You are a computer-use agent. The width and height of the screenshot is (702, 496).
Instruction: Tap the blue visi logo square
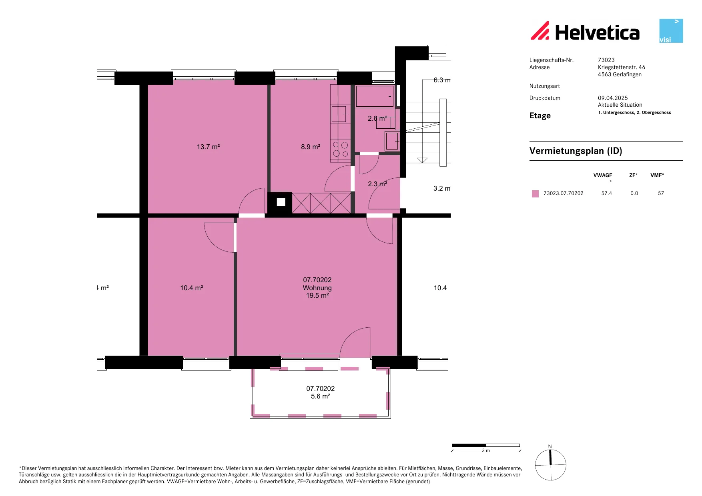tap(671, 31)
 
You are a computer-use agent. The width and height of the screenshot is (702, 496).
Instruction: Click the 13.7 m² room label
tap(208, 147)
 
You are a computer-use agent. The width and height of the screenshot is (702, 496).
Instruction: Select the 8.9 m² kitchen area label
tap(311, 147)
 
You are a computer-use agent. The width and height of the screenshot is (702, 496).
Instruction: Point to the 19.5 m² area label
tap(317, 295)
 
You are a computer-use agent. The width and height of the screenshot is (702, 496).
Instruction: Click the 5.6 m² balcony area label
tap(321, 396)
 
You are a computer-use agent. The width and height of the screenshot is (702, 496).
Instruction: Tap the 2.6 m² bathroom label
tap(377, 118)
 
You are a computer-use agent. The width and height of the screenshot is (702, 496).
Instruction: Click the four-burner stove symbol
tap(341, 149)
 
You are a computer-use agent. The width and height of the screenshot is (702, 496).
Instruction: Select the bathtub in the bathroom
tap(375, 96)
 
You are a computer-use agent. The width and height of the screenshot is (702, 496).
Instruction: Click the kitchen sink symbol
tap(339, 114)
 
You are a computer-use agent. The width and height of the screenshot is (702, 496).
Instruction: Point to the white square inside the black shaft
tap(281, 202)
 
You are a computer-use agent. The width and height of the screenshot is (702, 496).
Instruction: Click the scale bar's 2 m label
tap(486, 450)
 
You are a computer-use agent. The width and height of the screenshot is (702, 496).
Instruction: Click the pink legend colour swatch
tap(535, 193)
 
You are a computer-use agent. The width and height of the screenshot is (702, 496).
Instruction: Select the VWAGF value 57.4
tap(607, 193)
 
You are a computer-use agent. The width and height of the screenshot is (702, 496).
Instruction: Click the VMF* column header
tap(657, 175)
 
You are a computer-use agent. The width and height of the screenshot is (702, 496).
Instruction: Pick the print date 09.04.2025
tap(613, 98)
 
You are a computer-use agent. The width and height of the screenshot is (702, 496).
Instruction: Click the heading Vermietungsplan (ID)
tap(576, 151)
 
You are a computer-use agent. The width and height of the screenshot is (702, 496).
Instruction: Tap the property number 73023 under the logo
tap(606, 60)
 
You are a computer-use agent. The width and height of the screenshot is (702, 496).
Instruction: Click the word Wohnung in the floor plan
tap(317, 288)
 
